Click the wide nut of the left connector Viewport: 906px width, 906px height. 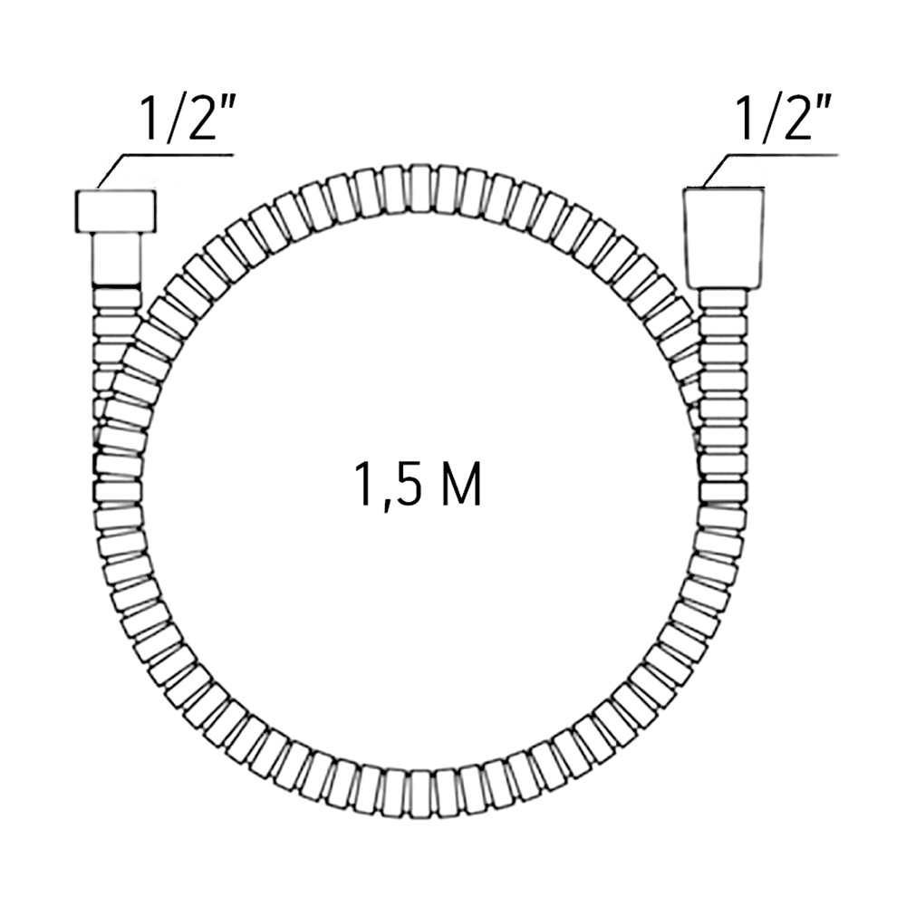point(116,211)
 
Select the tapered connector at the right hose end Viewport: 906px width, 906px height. point(723,237)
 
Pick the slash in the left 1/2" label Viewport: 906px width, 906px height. point(171,119)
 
